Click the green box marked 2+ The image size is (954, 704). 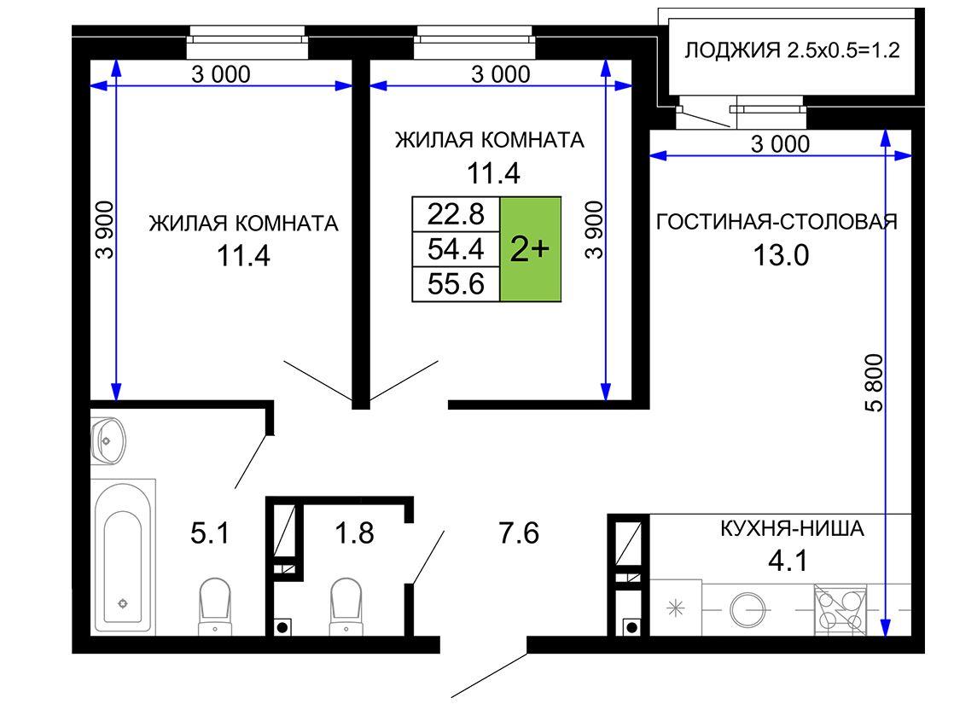point(530,249)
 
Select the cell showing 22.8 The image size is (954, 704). point(456,214)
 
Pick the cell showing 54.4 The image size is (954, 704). point(456,249)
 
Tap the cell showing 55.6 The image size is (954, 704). point(456,284)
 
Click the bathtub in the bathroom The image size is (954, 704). point(124,556)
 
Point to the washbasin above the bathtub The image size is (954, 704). point(108,440)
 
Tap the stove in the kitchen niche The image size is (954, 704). point(841,609)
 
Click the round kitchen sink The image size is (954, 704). point(747,609)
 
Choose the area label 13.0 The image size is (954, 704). point(782,255)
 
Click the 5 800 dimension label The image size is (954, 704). point(874,383)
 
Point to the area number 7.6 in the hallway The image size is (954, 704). point(519,533)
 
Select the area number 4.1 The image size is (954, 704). point(788,561)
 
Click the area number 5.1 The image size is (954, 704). point(210,533)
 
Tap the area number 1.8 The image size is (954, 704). point(354,533)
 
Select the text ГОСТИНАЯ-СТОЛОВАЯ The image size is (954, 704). point(777,222)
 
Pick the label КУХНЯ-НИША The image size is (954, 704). point(792,528)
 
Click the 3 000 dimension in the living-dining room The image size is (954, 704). point(781,144)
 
